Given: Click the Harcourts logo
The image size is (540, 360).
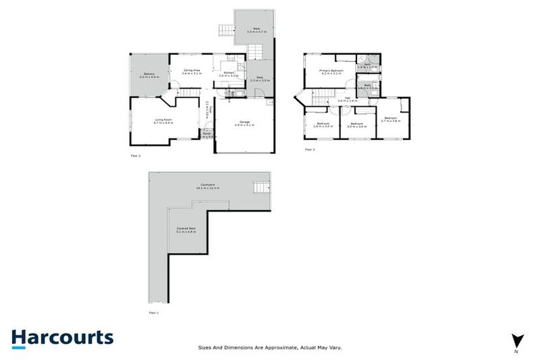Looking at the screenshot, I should tap(62, 337).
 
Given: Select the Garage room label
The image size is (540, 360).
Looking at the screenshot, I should tap(245, 124).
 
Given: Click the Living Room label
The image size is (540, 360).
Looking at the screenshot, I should tap(164, 121).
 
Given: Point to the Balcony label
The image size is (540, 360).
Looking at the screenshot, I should tap(150, 75).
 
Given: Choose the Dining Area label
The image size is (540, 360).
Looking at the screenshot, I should tap(192, 71).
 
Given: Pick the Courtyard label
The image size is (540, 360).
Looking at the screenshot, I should tap(210, 187).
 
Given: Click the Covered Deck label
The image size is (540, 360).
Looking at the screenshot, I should tap(186, 229).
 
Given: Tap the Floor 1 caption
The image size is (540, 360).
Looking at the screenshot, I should tap(154, 311).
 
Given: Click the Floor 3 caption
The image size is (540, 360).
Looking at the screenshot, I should tap(310, 150).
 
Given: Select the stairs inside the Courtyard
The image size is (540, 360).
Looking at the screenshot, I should tap(261, 188).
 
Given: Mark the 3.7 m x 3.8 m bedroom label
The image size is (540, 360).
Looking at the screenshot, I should tap(390, 120).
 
